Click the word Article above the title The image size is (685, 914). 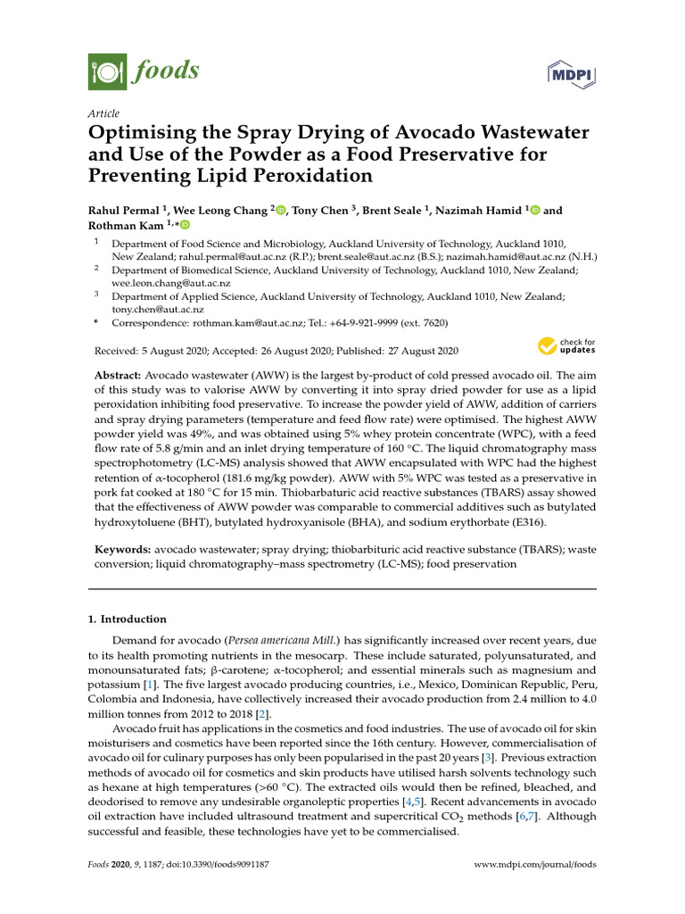click(103, 113)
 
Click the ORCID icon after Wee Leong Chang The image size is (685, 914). click(281, 211)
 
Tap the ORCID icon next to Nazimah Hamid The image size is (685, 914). click(535, 211)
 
